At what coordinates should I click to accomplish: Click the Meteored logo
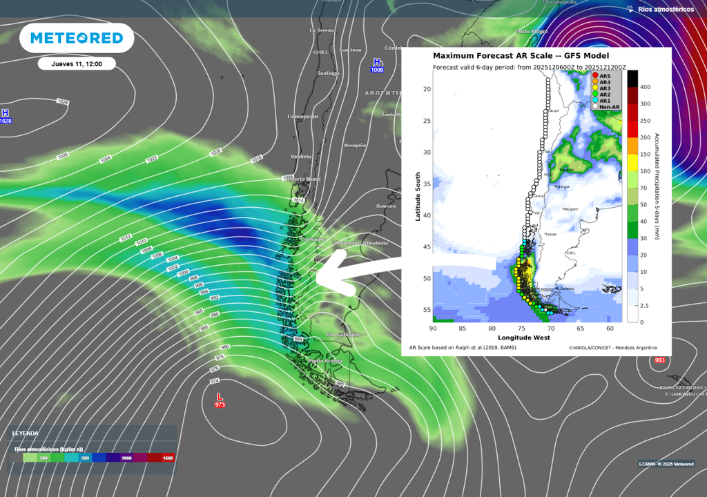point(76,38)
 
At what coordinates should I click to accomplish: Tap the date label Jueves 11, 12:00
point(77,64)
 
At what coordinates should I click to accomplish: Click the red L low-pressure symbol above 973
point(220,396)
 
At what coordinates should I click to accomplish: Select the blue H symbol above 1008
point(376,62)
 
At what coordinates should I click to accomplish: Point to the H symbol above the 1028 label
point(6,113)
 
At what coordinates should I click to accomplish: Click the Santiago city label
point(328,73)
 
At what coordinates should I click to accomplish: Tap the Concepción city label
point(302,117)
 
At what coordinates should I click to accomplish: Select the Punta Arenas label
point(325,361)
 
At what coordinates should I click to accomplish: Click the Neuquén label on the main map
point(354,145)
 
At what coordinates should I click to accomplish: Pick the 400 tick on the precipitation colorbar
point(644,87)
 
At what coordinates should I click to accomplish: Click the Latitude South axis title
point(418,196)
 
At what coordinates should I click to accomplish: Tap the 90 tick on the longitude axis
point(433,329)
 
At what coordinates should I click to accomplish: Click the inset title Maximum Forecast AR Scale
point(521,55)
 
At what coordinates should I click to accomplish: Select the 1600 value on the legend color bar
point(167,458)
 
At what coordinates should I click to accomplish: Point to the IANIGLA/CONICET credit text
point(613,348)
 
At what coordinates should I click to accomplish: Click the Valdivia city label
point(301,157)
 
